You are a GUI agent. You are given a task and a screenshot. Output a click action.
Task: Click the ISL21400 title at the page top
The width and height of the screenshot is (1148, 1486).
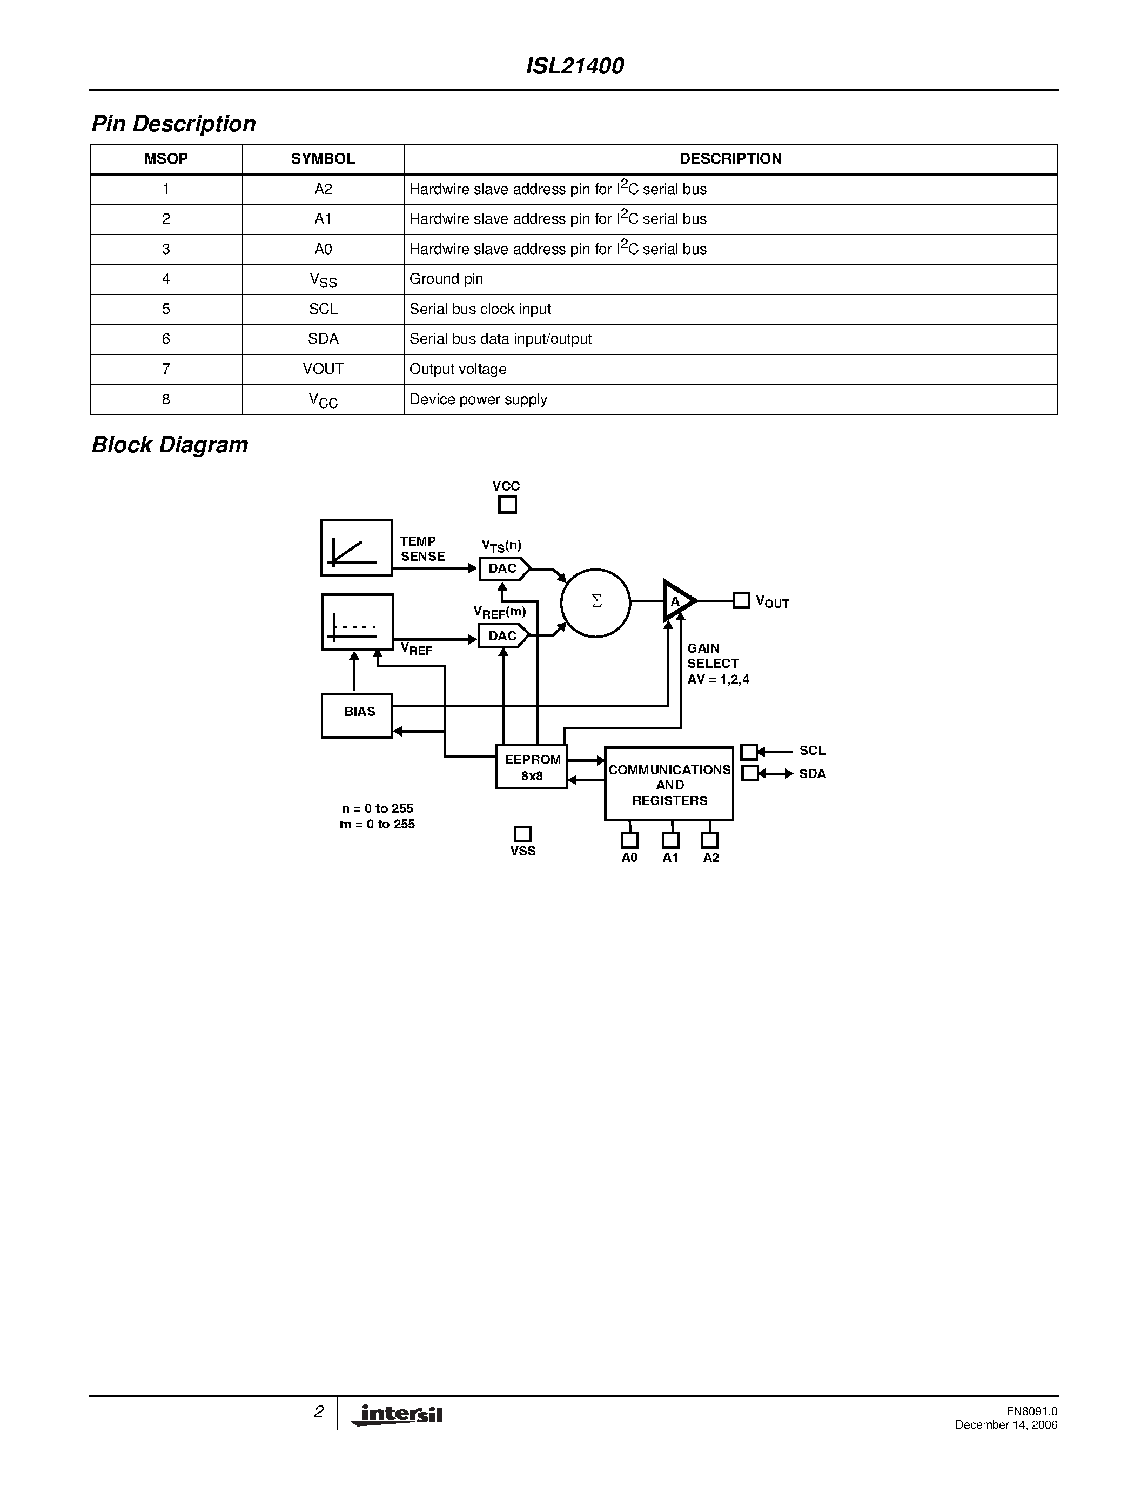(575, 66)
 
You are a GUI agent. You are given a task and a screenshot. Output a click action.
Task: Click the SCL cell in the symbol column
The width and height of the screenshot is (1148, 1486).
(323, 309)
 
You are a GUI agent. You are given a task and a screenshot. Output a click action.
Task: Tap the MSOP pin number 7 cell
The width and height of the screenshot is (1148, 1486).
(166, 369)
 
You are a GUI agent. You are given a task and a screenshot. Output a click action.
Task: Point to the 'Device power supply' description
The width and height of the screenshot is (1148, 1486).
(478, 399)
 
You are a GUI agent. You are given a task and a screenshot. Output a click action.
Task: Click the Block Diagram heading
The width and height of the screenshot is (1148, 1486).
(170, 445)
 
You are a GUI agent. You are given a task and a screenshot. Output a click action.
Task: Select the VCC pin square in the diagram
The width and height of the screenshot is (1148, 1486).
(507, 505)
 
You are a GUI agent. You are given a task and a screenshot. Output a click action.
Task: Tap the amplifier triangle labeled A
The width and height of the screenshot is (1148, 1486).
(677, 601)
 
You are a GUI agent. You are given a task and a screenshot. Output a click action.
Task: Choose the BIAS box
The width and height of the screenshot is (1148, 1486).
(357, 715)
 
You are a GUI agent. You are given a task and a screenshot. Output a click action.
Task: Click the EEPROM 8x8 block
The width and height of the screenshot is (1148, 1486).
(532, 767)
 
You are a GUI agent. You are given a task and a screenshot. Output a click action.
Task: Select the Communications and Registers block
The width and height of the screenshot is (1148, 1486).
(669, 785)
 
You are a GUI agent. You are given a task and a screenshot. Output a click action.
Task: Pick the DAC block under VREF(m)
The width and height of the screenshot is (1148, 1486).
(503, 636)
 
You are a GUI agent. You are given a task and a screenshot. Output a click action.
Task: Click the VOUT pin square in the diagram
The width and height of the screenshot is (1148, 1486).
(741, 601)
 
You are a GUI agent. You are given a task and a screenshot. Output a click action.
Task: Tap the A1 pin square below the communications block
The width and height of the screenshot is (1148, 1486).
(670, 840)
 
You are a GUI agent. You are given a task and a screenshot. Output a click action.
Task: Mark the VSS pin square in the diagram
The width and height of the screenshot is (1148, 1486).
(522, 834)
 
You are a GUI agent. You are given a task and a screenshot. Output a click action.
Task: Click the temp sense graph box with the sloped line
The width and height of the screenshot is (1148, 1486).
(357, 548)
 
